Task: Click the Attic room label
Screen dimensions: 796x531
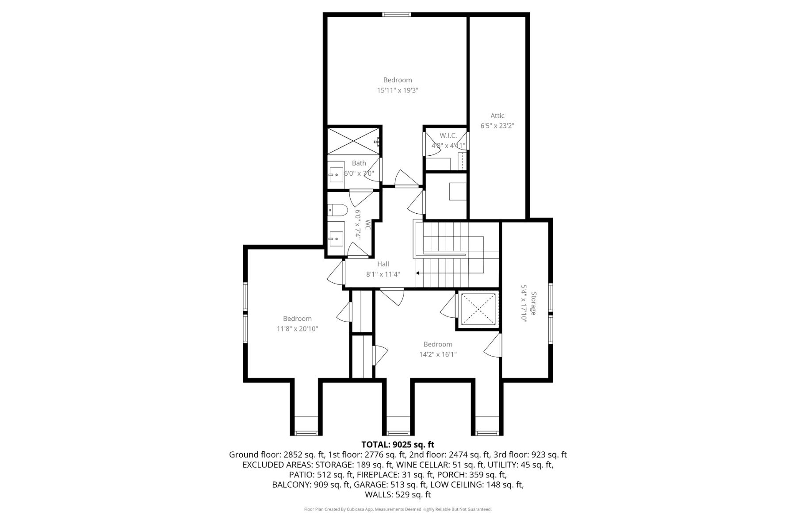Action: coord(497,115)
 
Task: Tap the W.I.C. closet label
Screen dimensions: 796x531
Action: coord(448,135)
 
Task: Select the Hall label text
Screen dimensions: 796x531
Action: coord(383,264)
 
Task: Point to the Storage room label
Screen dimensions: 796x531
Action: coord(534,304)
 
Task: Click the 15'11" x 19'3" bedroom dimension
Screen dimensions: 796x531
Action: coord(398,90)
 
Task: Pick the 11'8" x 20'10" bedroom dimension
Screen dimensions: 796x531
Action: coord(297,329)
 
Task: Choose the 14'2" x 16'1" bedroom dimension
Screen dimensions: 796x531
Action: coord(438,354)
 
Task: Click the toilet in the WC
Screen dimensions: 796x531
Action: coord(339,210)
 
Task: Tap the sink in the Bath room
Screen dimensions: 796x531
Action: coord(336,172)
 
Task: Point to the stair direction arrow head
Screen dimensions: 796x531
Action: coord(418,273)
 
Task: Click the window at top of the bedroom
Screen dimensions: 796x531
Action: coord(397,15)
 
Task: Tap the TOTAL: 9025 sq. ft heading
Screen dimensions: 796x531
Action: coord(398,445)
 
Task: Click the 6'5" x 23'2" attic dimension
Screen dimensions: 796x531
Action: coord(497,126)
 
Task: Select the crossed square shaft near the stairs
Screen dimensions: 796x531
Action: coord(478,309)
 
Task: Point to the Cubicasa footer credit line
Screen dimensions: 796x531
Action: coord(398,509)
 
